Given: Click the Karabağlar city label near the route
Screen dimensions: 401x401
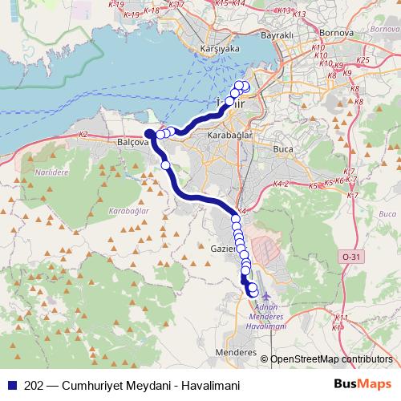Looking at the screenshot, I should coord(230,136).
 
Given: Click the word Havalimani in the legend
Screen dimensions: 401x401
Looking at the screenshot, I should coord(212,386).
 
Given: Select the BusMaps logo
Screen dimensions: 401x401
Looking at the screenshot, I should coord(362,384).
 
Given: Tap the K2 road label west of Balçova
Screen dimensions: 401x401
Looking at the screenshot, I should coord(83,135).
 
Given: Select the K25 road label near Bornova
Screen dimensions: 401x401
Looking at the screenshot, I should coord(363,60).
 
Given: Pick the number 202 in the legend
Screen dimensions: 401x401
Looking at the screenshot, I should coord(35,386).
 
